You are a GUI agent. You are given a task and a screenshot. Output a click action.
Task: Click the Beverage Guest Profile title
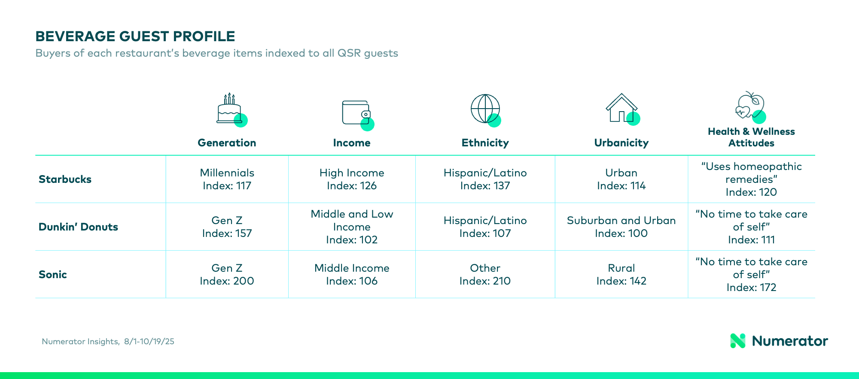(135, 36)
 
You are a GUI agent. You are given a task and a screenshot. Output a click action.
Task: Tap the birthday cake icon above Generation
(232, 109)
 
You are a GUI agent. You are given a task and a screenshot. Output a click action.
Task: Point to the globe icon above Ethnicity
(486, 110)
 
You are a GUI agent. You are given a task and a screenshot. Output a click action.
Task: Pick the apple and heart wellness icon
(750, 107)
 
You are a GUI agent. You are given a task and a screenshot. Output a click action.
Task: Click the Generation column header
(227, 143)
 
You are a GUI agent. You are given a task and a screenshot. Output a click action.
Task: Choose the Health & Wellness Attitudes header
(751, 137)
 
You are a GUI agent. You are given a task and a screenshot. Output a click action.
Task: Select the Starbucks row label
(65, 179)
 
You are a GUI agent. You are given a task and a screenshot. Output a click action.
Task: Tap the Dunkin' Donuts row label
(78, 227)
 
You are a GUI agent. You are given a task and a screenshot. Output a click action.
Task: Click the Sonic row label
(53, 275)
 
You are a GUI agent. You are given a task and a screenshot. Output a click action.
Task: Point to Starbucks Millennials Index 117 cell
(227, 179)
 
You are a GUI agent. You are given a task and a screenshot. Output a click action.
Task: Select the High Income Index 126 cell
(352, 179)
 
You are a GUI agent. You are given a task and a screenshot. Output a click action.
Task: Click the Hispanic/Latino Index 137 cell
(485, 179)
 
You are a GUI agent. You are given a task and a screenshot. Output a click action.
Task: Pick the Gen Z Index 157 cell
(227, 227)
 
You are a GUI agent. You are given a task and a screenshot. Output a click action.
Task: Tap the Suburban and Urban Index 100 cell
(621, 227)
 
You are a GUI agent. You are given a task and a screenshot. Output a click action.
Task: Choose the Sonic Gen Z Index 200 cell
(227, 275)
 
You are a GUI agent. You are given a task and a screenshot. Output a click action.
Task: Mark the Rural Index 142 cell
(621, 275)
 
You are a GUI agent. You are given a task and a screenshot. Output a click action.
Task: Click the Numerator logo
(779, 341)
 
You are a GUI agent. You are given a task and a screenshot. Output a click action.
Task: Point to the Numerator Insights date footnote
(108, 342)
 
